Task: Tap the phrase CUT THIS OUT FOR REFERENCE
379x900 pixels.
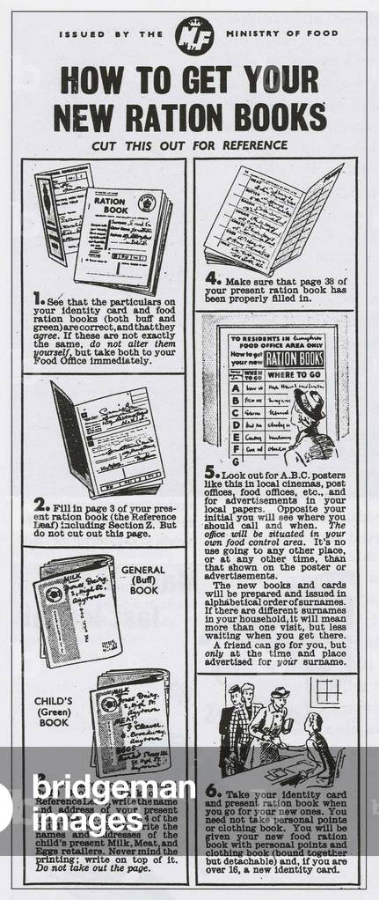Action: click(190, 144)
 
